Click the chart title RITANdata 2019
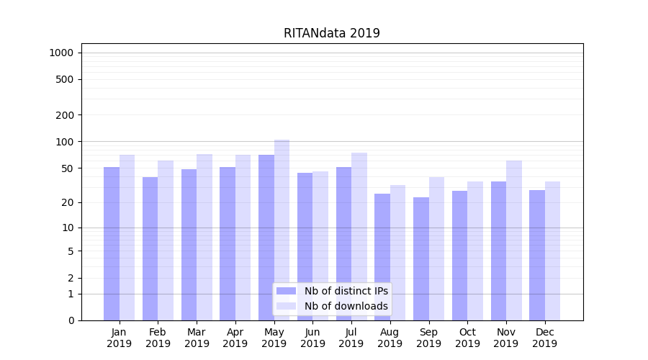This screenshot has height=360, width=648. point(331,33)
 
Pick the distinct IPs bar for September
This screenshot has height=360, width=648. point(421,258)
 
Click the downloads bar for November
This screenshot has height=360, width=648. point(514,240)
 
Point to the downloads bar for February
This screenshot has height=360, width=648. point(166,240)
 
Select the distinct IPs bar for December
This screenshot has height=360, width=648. point(537,255)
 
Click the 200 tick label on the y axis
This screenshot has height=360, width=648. point(66,115)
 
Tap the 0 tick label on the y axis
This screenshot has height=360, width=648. point(71,320)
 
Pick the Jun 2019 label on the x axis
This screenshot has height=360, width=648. point(312,338)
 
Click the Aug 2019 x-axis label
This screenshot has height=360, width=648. point(390,338)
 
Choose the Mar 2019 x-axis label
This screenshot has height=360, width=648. point(197,338)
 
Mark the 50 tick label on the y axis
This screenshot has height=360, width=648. point(68,168)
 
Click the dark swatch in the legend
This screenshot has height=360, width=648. point(286,291)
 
